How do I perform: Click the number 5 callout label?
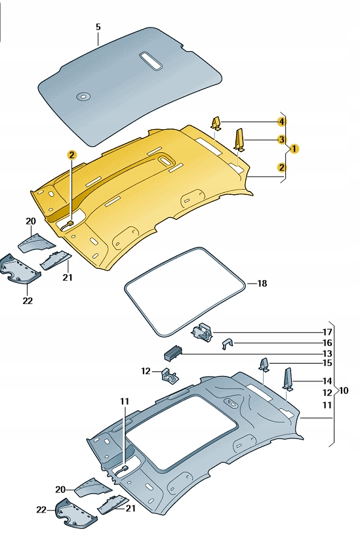point(98,27)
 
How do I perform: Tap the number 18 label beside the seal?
point(262,283)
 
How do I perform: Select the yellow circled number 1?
point(295,148)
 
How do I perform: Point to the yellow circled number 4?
point(281,122)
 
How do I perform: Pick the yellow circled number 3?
point(281,140)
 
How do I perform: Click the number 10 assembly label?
point(344,390)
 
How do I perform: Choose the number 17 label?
point(327,331)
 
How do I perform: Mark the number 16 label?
point(327,343)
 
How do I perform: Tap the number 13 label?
point(327,354)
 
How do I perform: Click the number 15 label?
point(327,363)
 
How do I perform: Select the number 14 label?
point(327,381)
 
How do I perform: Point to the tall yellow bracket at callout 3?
point(240,139)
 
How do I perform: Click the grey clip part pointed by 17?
point(202,333)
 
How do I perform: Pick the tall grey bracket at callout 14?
point(287,379)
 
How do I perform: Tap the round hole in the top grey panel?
point(84,97)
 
